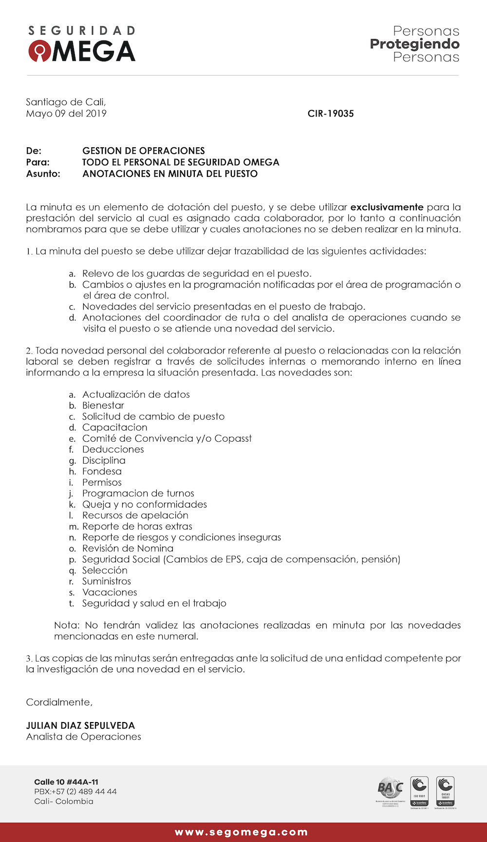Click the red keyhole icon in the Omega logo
pos(39,51)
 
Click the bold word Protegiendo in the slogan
pos(414,44)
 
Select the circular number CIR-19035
pos(331,114)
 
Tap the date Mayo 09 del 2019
pos(66,114)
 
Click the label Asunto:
pos(43,174)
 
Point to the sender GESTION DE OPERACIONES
pos(144,151)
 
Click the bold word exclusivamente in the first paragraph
pos(387,207)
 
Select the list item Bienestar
pos(103,405)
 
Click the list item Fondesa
pos(102,471)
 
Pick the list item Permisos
pos(102,482)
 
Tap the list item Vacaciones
pos(110,592)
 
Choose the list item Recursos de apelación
pos(135,515)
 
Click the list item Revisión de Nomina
pos(128,548)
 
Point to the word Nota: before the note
pos(66,625)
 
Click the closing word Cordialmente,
pos(59,702)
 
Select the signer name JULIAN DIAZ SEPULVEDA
pos(80,725)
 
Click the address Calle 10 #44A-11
pos(66,782)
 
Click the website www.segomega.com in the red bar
pos(242,832)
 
